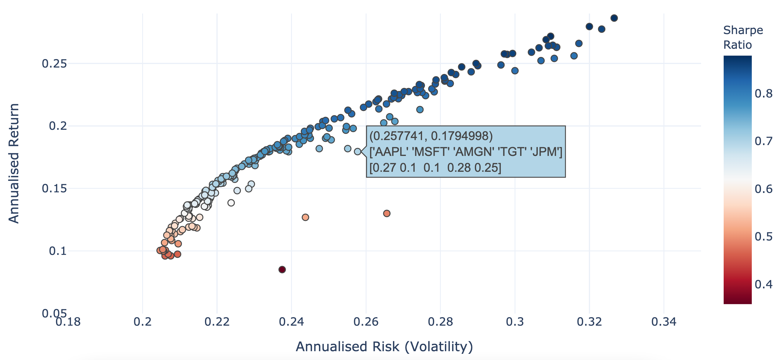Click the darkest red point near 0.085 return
pos(282,270)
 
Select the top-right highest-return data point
pos(614,18)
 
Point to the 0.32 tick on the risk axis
pos(589,322)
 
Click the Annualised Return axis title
pos(14,164)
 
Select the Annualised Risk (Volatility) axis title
pos(384,346)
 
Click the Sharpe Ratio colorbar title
pos(743,37)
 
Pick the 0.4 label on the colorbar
pos(763,284)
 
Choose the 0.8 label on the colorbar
pos(763,94)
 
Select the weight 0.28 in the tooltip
pos(457,168)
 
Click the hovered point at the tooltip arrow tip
pos(357,151)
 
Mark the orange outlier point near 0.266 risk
pos(387,213)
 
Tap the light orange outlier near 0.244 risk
pos(305,217)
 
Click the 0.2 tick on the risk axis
pos(142,322)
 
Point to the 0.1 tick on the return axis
pos(58,251)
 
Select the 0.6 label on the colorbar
pos(763,189)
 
